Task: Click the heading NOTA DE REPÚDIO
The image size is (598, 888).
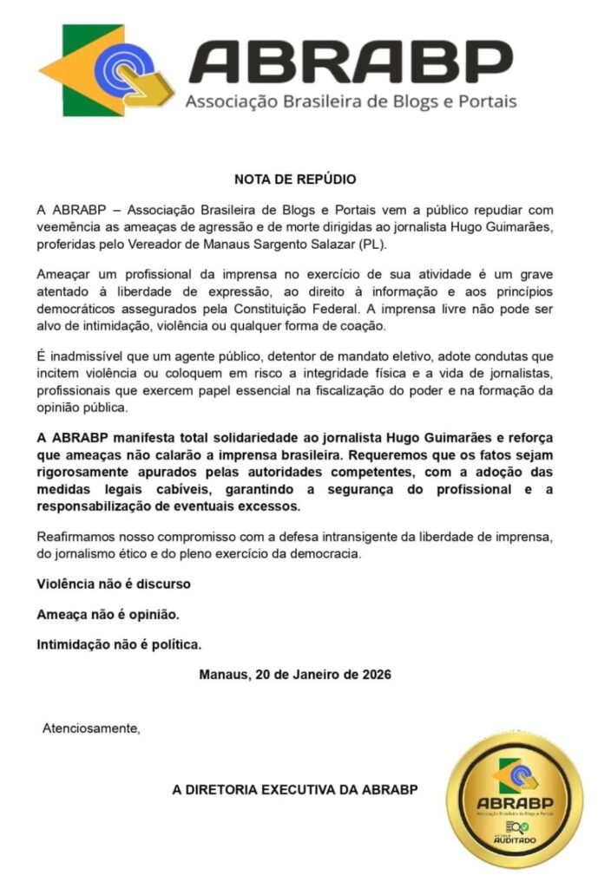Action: [295, 180]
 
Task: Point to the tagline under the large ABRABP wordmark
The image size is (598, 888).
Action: [351, 101]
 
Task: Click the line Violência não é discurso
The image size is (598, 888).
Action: [113, 584]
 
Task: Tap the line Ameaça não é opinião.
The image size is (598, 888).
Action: [108, 614]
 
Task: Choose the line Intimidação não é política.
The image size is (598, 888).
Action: [119, 644]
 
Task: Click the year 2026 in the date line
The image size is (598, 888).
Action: [376, 675]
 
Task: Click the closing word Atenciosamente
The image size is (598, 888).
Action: [91, 728]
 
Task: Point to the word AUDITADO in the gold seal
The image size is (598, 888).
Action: [515, 840]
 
